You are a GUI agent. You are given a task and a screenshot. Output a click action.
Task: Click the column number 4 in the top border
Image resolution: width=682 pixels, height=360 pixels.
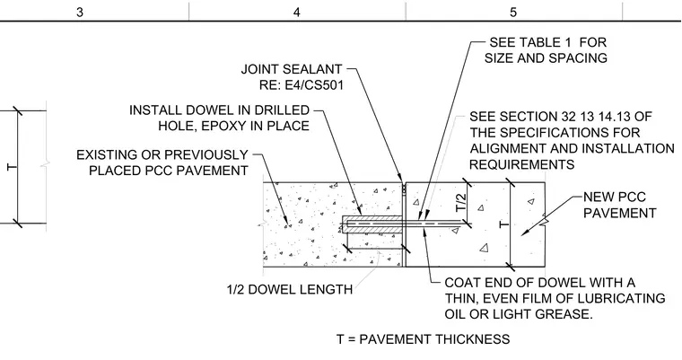[x=297, y=13]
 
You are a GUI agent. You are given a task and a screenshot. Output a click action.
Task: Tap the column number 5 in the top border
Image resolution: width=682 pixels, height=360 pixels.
[x=513, y=13]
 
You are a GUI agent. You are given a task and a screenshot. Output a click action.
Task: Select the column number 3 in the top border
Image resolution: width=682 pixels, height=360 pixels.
[x=80, y=13]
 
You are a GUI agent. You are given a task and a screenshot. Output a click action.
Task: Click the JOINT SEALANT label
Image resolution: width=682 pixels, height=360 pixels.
[x=292, y=69]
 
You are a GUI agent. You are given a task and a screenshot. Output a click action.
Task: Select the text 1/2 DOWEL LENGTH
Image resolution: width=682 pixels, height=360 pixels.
[x=290, y=289]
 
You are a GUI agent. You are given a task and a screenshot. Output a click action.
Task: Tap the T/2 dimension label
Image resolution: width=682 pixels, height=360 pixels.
[x=461, y=202]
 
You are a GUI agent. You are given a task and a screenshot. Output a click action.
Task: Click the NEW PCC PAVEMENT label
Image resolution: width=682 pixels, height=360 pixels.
[x=620, y=205]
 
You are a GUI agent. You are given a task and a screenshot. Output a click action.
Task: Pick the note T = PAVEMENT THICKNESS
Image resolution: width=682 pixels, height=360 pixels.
[x=424, y=339]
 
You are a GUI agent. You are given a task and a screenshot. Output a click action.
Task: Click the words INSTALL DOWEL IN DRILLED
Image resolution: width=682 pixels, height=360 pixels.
[x=219, y=110]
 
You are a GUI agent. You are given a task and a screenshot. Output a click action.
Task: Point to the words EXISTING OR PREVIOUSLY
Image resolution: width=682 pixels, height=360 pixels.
[x=162, y=155]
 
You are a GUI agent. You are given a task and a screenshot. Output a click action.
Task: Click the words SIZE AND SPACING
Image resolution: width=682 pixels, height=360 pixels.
[x=546, y=57]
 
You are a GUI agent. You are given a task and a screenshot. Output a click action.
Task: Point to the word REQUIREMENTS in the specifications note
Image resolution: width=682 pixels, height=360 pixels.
[x=522, y=164]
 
